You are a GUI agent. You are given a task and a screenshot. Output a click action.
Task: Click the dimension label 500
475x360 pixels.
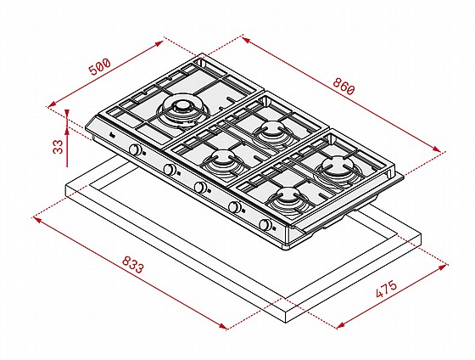point(100,67)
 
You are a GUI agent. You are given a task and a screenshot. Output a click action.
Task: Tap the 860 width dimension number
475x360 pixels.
point(344,87)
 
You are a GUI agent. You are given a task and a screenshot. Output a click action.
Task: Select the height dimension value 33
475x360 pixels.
point(58,147)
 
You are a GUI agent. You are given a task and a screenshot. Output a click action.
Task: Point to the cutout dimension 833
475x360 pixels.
point(131,264)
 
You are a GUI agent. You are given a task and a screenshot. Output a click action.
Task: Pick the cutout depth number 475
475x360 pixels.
point(386,289)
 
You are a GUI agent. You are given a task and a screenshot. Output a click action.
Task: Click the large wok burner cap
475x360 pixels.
point(182,106)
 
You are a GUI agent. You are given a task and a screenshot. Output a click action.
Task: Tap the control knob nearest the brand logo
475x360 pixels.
point(135,149)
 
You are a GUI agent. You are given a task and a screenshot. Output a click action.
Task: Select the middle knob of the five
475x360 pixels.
point(200,187)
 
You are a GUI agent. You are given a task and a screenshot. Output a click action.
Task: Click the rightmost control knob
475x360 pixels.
point(265,224)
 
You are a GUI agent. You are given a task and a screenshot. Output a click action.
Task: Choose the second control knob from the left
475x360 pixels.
point(169,169)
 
